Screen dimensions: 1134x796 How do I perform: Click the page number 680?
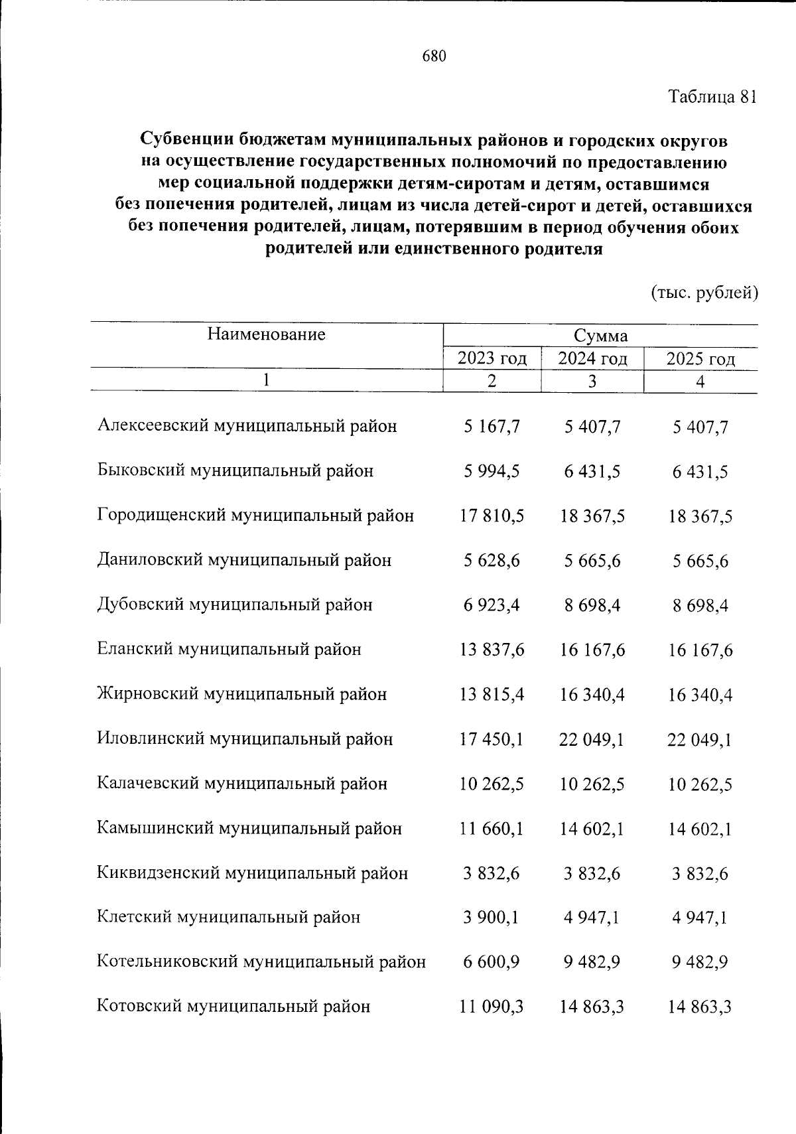(x=434, y=56)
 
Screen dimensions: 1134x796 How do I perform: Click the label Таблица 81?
(x=712, y=97)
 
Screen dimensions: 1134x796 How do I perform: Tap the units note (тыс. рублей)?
(x=704, y=292)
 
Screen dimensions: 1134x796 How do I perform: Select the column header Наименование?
(x=266, y=334)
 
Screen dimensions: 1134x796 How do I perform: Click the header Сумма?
(x=600, y=336)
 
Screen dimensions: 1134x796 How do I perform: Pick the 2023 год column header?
(x=492, y=359)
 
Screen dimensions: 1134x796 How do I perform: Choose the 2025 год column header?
(x=700, y=359)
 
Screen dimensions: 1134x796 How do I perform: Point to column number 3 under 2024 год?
(x=592, y=382)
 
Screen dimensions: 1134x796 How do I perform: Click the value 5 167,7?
(x=492, y=427)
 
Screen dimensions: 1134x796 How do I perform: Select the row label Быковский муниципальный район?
(x=235, y=471)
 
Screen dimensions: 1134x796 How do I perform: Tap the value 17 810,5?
(x=492, y=516)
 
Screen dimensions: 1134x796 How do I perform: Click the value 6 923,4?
(x=492, y=605)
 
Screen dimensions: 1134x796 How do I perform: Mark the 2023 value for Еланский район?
(x=492, y=650)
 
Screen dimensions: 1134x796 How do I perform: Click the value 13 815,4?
(x=492, y=695)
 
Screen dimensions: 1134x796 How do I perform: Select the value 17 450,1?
(x=492, y=739)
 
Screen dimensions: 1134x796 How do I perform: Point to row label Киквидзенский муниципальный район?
(x=252, y=873)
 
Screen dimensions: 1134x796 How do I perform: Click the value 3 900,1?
(x=492, y=918)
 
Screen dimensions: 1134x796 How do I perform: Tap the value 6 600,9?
(x=492, y=962)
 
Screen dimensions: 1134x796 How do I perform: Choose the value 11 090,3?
(x=492, y=1007)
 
